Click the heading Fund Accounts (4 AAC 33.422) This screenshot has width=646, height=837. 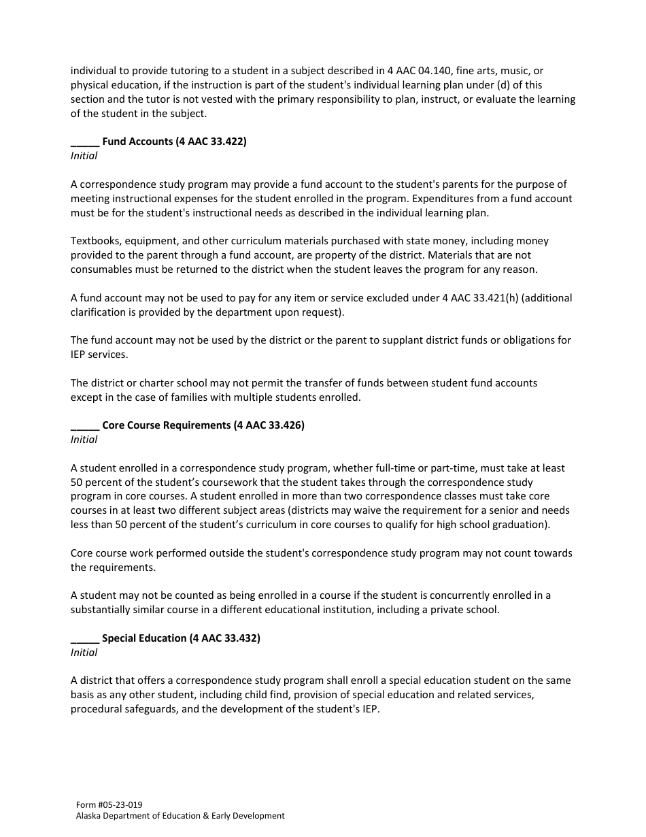(x=174, y=142)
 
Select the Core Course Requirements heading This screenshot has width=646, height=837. (x=203, y=425)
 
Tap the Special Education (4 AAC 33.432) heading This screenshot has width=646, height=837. (x=181, y=638)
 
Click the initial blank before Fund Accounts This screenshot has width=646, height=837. (x=85, y=142)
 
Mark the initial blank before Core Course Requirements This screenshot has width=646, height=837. (x=85, y=425)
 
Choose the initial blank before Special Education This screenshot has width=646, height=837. (x=85, y=638)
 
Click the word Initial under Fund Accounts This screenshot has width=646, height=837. (x=84, y=156)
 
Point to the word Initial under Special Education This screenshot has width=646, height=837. (x=84, y=653)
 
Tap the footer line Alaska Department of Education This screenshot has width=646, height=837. (x=180, y=816)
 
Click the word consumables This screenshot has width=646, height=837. (x=103, y=269)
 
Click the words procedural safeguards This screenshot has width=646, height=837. (x=122, y=709)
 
